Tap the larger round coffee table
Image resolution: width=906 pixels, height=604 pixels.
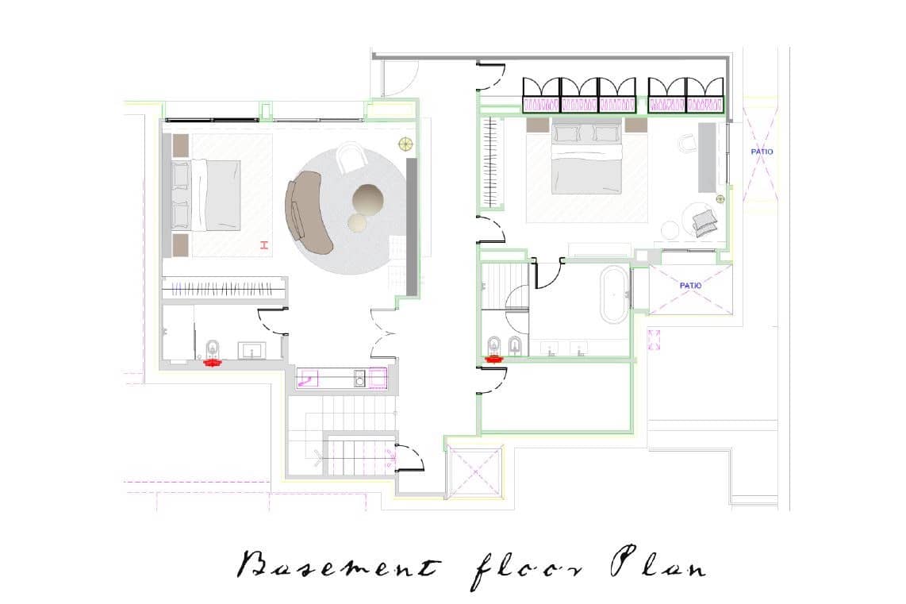click(x=368, y=199)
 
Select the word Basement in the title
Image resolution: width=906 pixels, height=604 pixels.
click(x=340, y=564)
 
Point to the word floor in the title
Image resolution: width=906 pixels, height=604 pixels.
click(x=526, y=569)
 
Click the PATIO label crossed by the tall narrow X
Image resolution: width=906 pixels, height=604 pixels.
click(x=762, y=152)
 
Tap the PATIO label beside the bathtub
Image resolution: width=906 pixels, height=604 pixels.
click(x=690, y=286)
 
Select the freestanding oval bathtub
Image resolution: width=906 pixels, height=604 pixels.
click(x=614, y=294)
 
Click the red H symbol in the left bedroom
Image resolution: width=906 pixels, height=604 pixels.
click(x=265, y=245)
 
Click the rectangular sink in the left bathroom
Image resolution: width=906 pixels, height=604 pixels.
click(x=252, y=350)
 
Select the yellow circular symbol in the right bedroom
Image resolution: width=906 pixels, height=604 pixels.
click(x=720, y=199)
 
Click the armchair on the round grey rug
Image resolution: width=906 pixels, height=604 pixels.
click(x=351, y=156)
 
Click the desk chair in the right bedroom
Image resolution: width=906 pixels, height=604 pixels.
click(x=686, y=143)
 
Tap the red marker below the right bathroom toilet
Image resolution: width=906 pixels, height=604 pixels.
click(x=493, y=359)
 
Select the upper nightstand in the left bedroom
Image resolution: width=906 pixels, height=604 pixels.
click(x=180, y=146)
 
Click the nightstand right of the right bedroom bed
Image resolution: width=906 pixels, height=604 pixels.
click(x=635, y=125)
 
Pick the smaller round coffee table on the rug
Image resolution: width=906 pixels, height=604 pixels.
click(x=356, y=222)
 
